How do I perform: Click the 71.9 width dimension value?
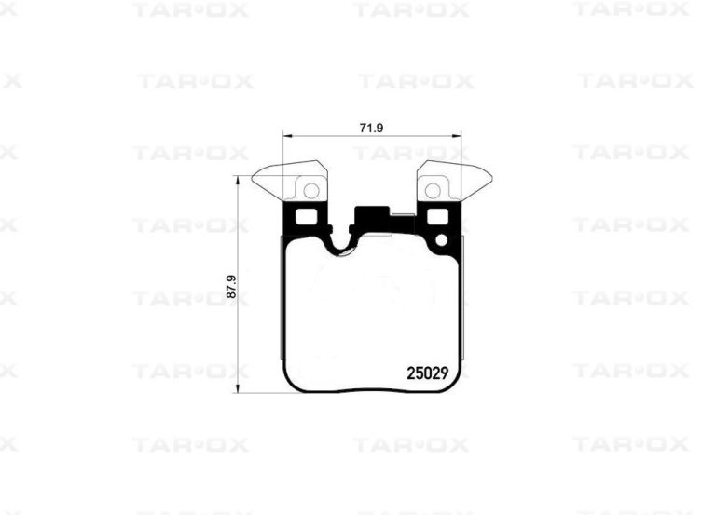pyautogui.click(x=371, y=128)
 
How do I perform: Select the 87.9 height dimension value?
pyautogui.click(x=231, y=287)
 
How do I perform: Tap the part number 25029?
pyautogui.click(x=427, y=373)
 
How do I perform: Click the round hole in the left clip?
pyautogui.click(x=311, y=190)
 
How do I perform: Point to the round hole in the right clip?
pyautogui.click(x=433, y=190)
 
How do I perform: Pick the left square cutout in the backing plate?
pyautogui.click(x=307, y=217)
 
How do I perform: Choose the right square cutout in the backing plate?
pyautogui.click(x=437, y=217)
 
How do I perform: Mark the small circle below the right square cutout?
pyautogui.click(x=442, y=240)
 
